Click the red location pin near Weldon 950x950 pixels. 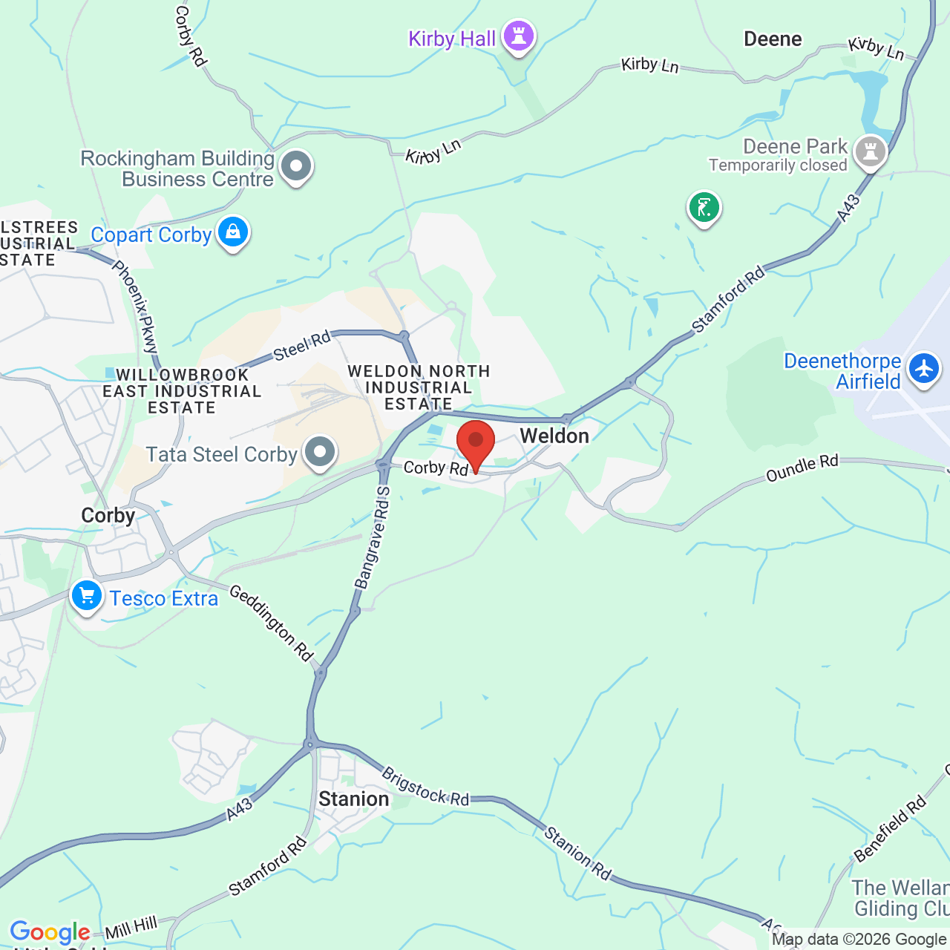coord(476,442)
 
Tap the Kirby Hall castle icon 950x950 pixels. coord(519,35)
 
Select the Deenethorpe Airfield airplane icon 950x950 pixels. coord(924,368)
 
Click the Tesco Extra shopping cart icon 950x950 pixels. coord(87,595)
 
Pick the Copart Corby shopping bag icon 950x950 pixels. coord(233,232)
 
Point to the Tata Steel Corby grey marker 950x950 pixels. coord(321,451)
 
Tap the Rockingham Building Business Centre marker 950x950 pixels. coord(296,166)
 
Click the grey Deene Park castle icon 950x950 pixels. coord(871,151)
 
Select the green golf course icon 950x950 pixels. coord(704,207)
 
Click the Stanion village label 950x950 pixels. coord(354,799)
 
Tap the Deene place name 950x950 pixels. coord(773,39)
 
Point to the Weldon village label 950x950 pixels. coord(554,436)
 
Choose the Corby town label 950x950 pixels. coord(108,516)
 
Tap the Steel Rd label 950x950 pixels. coord(302,346)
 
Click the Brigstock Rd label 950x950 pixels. coord(425,787)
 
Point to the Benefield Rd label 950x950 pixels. coord(891,828)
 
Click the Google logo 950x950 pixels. coord(50,932)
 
